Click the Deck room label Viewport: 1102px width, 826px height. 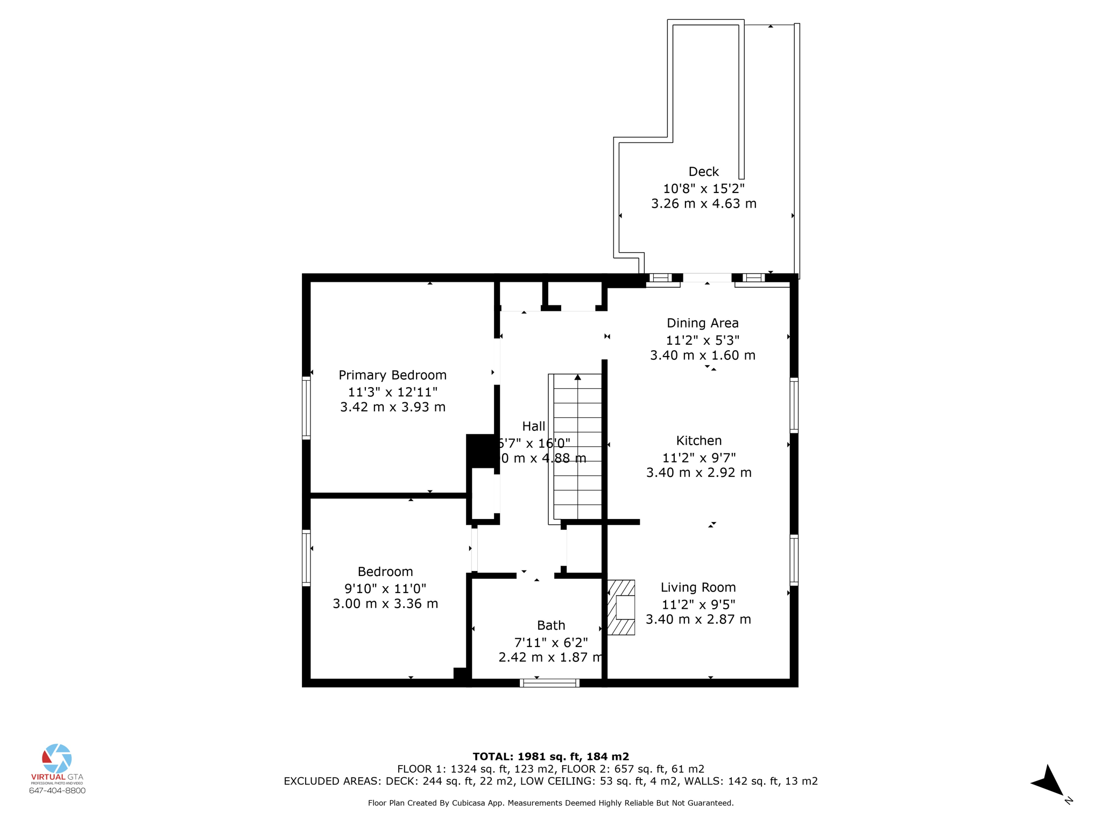tap(703, 172)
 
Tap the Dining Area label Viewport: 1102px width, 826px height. tap(702, 323)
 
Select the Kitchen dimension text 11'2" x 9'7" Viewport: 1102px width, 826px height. tap(698, 458)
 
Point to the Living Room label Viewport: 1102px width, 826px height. tap(698, 587)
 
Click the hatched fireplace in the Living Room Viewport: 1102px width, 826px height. tap(621, 607)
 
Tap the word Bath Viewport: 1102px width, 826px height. tap(551, 625)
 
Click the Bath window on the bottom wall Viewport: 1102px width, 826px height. tap(549, 683)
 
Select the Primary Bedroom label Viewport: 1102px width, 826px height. tap(392, 375)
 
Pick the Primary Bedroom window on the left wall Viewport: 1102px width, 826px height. tap(306, 408)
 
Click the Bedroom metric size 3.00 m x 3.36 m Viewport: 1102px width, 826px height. tap(385, 604)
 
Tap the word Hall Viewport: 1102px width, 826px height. tap(533, 426)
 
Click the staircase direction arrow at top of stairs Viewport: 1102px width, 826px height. tap(577, 378)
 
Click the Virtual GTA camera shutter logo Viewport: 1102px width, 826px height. tap(57, 758)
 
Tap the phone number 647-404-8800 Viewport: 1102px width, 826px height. tap(57, 791)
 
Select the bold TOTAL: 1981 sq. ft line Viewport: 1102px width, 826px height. tap(550, 757)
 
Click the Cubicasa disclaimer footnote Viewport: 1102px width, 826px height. tap(550, 803)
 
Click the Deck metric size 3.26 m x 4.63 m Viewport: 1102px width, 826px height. tap(703, 204)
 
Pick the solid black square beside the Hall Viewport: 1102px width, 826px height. tap(480, 451)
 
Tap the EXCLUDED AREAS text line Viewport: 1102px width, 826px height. tap(550, 781)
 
